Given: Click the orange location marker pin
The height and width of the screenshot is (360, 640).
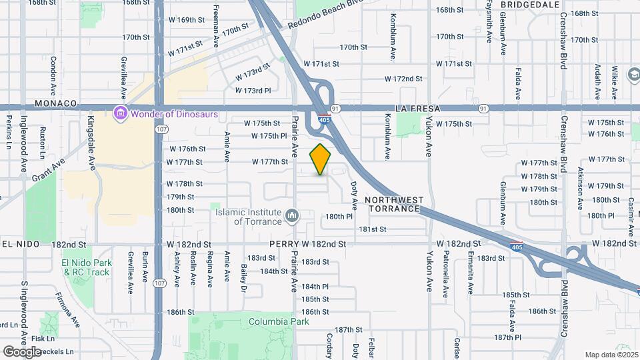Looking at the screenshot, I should [321, 159].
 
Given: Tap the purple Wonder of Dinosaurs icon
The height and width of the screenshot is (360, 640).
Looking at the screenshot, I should [120, 113].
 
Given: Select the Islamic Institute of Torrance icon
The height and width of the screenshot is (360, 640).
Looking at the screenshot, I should [292, 216].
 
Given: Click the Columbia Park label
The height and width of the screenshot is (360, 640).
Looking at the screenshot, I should [279, 321].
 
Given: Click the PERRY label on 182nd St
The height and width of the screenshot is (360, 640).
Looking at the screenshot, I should [284, 245].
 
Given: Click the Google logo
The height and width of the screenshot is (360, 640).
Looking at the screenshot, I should [21, 351].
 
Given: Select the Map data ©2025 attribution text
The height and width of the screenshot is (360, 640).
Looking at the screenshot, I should [611, 355].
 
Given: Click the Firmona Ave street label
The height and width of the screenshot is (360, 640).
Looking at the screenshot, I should [67, 308].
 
